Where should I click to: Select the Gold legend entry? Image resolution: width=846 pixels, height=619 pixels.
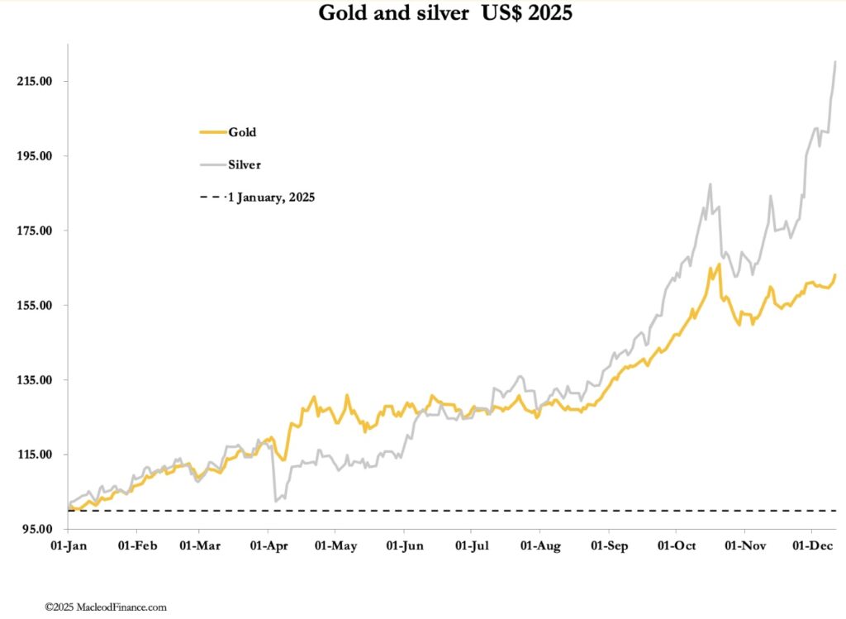click(242, 131)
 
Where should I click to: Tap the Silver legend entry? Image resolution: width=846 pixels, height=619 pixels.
click(245, 164)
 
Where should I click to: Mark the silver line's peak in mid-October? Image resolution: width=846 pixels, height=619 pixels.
click(710, 184)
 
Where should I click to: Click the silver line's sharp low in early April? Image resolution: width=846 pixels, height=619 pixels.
click(274, 501)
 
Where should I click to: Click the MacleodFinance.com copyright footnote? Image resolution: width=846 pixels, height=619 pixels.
click(106, 607)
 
